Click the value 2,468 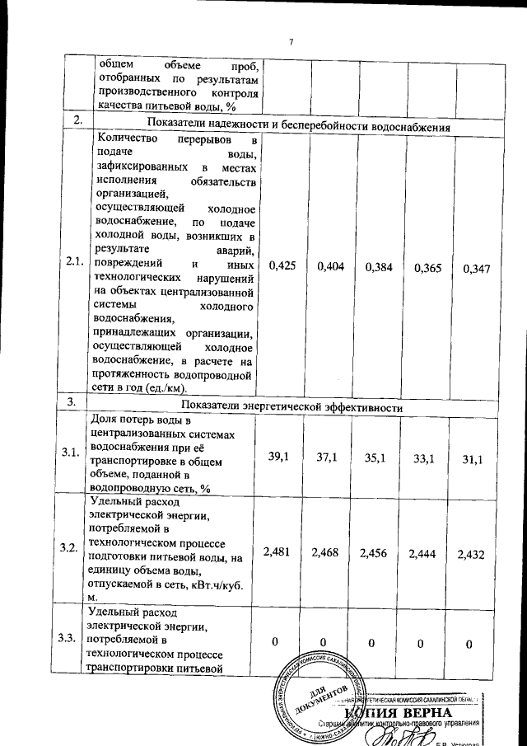(326, 550)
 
